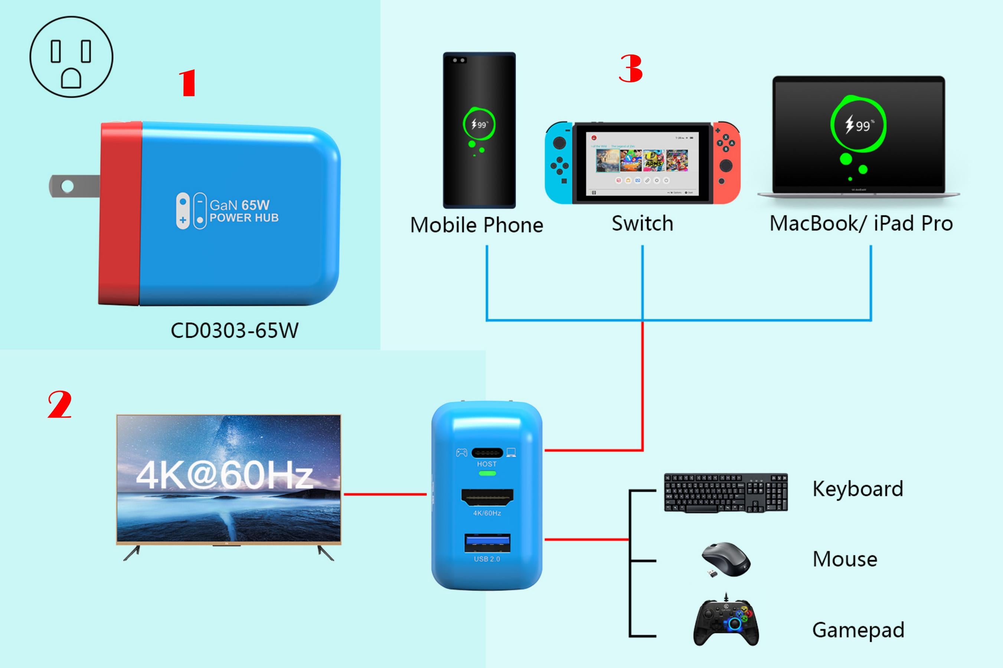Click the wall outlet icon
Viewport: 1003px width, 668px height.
pos(71,57)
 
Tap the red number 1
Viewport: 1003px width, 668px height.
pos(187,83)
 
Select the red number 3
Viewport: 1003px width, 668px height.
pos(630,69)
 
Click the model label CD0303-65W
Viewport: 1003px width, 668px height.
pos(234,331)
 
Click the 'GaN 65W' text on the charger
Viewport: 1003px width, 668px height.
pos(239,205)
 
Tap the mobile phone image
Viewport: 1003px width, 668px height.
pos(479,130)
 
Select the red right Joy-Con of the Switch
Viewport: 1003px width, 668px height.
pos(726,163)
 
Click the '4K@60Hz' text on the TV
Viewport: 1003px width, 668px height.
pos(224,475)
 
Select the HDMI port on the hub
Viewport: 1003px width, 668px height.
pos(487,497)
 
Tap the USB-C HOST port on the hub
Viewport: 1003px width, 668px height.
pos(487,452)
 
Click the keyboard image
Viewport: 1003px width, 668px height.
pos(726,492)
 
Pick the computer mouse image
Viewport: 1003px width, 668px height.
pos(726,559)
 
